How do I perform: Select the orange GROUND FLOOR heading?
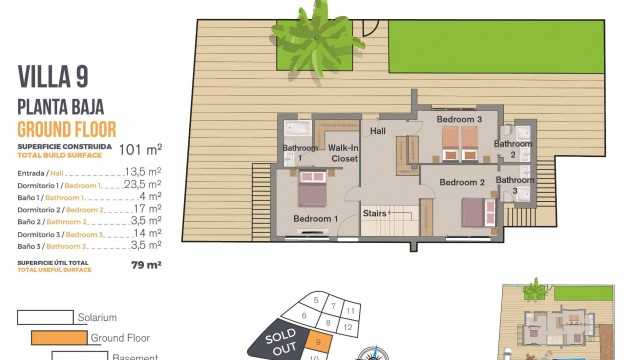pyautogui.click(x=67, y=129)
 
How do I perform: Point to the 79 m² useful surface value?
pyautogui.click(x=147, y=265)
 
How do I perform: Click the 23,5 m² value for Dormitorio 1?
pyautogui.click(x=143, y=185)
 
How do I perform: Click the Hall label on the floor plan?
pyautogui.click(x=378, y=131)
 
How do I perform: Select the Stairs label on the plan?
pyautogui.click(x=375, y=213)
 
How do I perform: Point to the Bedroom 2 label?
pyautogui.click(x=462, y=183)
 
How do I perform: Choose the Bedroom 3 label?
pyautogui.click(x=459, y=120)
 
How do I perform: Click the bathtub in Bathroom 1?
pyautogui.click(x=298, y=130)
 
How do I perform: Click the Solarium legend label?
pyautogui.click(x=104, y=318)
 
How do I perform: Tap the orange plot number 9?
pyautogui.click(x=319, y=341)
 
